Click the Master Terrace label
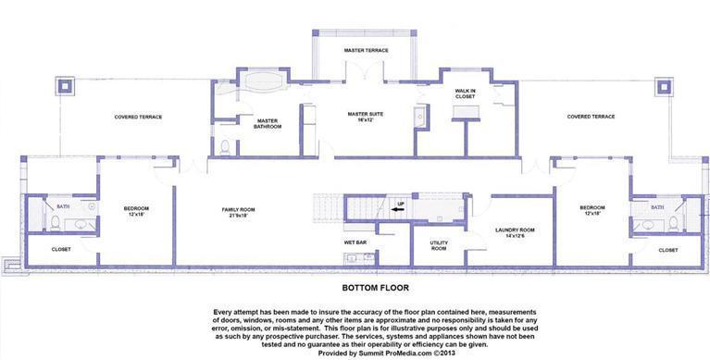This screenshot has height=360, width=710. tap(366, 50)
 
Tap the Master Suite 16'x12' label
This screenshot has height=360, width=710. tap(365, 117)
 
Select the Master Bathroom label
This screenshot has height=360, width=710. tap(268, 123)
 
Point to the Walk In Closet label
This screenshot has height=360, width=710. tap(465, 93)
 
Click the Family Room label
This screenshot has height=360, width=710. tap(238, 211)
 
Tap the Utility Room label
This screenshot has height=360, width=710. tap(439, 245)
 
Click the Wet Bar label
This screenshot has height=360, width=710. tap(356, 242)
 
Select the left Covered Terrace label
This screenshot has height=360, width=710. tap(138, 117)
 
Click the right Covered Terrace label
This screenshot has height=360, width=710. tap(591, 117)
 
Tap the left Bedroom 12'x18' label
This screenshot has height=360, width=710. tap(136, 210)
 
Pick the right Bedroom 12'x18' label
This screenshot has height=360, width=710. tap(592, 210)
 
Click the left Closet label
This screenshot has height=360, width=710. tap(61, 249)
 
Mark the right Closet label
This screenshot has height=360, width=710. tap(667, 249)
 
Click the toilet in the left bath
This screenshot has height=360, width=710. tap(56, 223)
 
